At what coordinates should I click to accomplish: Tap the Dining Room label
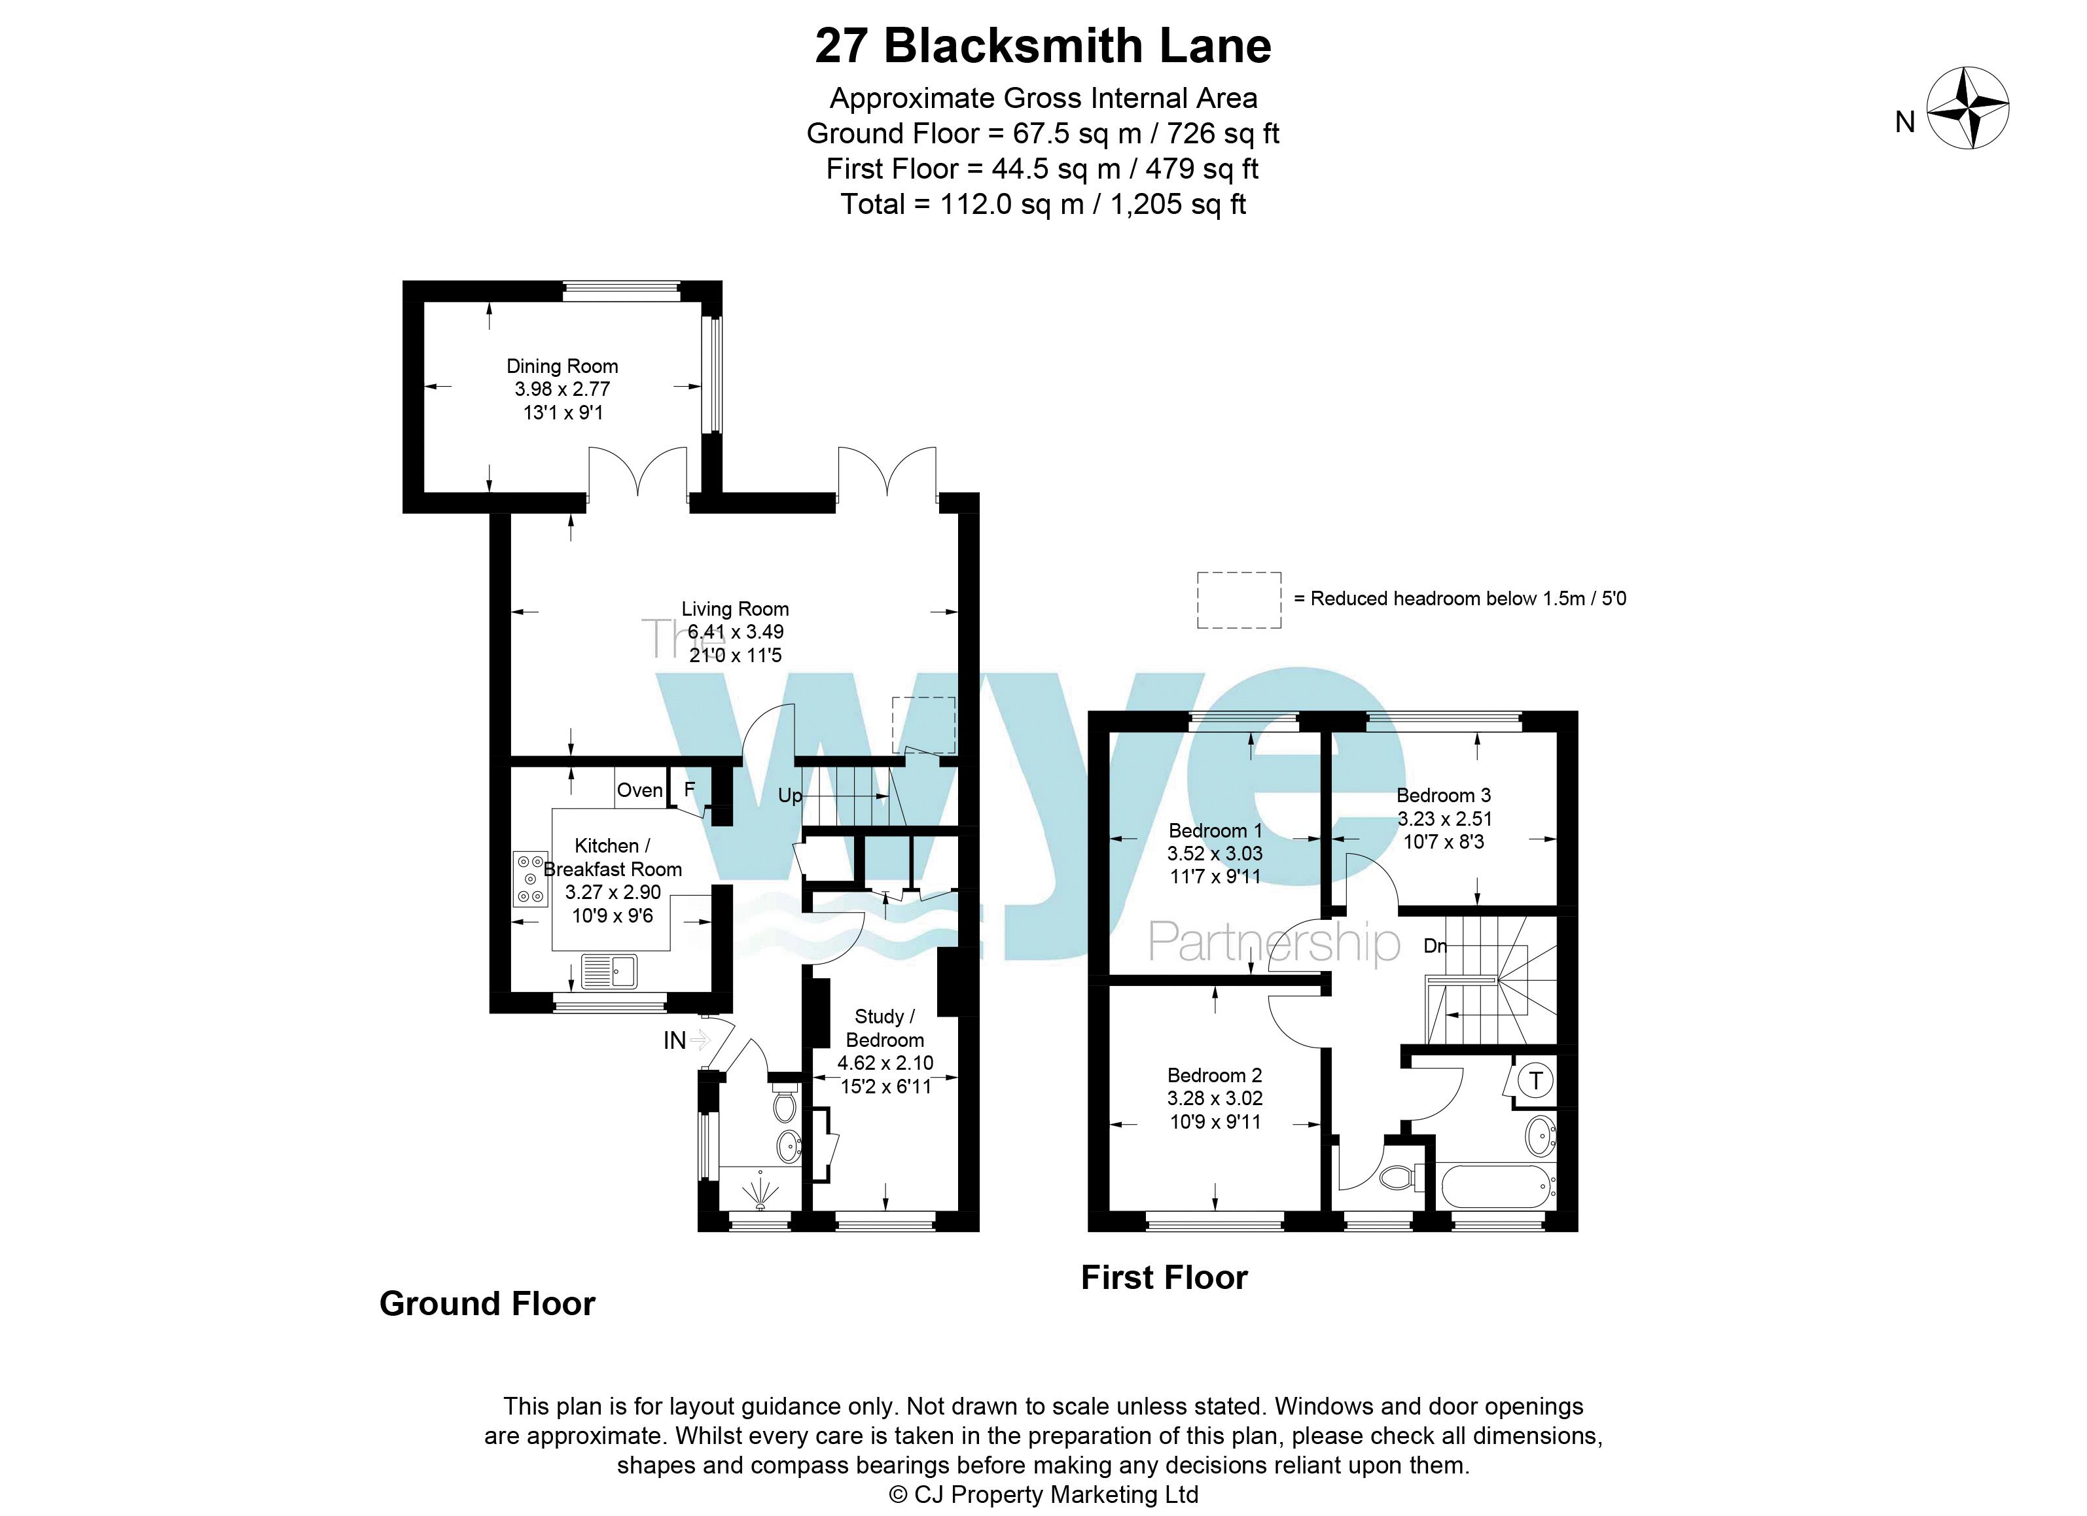[x=562, y=366]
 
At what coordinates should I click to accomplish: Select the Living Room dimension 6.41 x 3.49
[x=735, y=632]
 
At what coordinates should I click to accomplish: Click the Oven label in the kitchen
[x=639, y=790]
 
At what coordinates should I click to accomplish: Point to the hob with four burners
[x=530, y=879]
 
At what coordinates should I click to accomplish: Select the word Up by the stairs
[x=789, y=796]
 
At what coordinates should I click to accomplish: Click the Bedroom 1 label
[x=1215, y=831]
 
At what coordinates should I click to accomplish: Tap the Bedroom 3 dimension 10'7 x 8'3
[x=1443, y=841]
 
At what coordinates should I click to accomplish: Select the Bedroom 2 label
[x=1215, y=1076]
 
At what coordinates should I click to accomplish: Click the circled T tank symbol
[x=1534, y=1080]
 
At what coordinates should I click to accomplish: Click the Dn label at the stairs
[x=1435, y=945]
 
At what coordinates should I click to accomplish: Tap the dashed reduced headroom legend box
[x=1239, y=600]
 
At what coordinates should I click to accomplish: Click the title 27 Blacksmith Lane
[x=1043, y=46]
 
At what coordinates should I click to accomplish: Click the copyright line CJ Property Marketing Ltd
[x=1043, y=1495]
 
